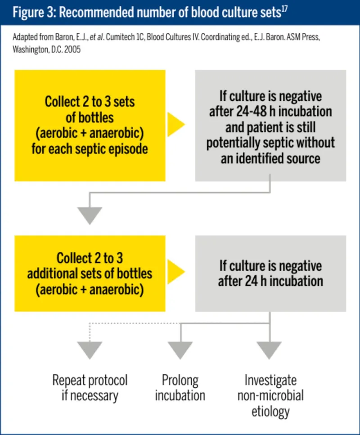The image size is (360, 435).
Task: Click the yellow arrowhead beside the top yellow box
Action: coord(176,125)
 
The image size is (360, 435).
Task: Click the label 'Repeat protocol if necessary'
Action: coord(90,388)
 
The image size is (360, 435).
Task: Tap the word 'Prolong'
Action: coord(180,381)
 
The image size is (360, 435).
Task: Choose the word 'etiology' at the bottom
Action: coord(270,411)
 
